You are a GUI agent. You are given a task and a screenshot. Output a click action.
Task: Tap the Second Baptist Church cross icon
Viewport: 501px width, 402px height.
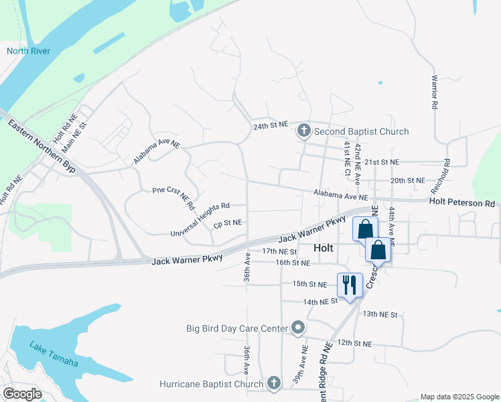[303, 131]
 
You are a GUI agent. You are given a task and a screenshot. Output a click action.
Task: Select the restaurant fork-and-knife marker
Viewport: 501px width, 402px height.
[349, 285]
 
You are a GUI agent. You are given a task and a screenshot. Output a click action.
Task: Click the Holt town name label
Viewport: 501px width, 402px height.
[324, 248]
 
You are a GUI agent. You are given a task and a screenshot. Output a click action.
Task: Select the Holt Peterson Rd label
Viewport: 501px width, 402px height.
[462, 202]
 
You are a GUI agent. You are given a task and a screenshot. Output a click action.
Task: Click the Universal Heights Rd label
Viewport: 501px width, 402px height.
[200, 220]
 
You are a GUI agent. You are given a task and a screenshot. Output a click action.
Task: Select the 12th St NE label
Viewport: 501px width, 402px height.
[354, 343]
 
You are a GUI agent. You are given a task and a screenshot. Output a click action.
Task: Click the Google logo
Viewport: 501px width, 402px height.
[21, 394]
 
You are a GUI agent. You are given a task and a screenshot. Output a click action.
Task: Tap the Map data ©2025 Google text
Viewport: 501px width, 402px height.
[459, 397]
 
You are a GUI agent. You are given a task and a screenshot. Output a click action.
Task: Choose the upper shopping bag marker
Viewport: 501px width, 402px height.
[365, 228]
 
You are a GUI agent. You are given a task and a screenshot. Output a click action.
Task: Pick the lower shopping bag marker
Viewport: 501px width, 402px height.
[378, 250]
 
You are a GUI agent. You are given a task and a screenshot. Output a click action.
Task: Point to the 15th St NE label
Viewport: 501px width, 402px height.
[309, 284]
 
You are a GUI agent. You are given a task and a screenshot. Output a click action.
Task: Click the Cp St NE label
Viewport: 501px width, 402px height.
[228, 222]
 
